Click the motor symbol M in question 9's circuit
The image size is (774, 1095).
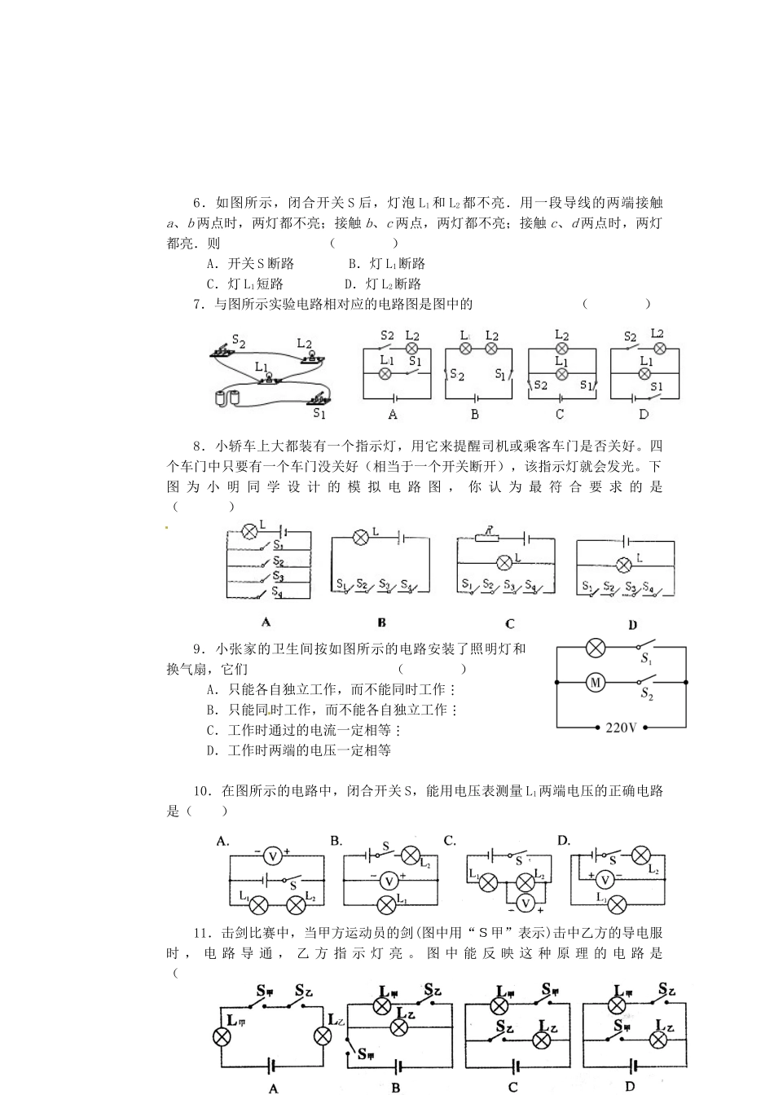[x=595, y=682]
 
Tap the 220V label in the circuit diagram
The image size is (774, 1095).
[x=621, y=728]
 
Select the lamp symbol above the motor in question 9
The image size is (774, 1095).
[x=596, y=648]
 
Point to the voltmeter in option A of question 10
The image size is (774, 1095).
[x=273, y=855]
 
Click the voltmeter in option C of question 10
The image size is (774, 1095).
[x=526, y=903]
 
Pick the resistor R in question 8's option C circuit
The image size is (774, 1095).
[x=488, y=538]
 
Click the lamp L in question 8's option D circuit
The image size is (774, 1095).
[x=624, y=565]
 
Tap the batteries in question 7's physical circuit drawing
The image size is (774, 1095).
[x=226, y=398]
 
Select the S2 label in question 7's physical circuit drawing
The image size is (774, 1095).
[x=239, y=341]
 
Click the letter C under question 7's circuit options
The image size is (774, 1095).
[x=559, y=414]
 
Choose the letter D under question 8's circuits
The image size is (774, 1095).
[x=632, y=625]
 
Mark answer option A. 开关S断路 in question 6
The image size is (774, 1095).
[x=251, y=264]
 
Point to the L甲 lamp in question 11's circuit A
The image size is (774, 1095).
[x=221, y=1036]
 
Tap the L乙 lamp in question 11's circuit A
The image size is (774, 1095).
[x=323, y=1036]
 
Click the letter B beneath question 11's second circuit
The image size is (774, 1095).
[x=395, y=1087]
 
